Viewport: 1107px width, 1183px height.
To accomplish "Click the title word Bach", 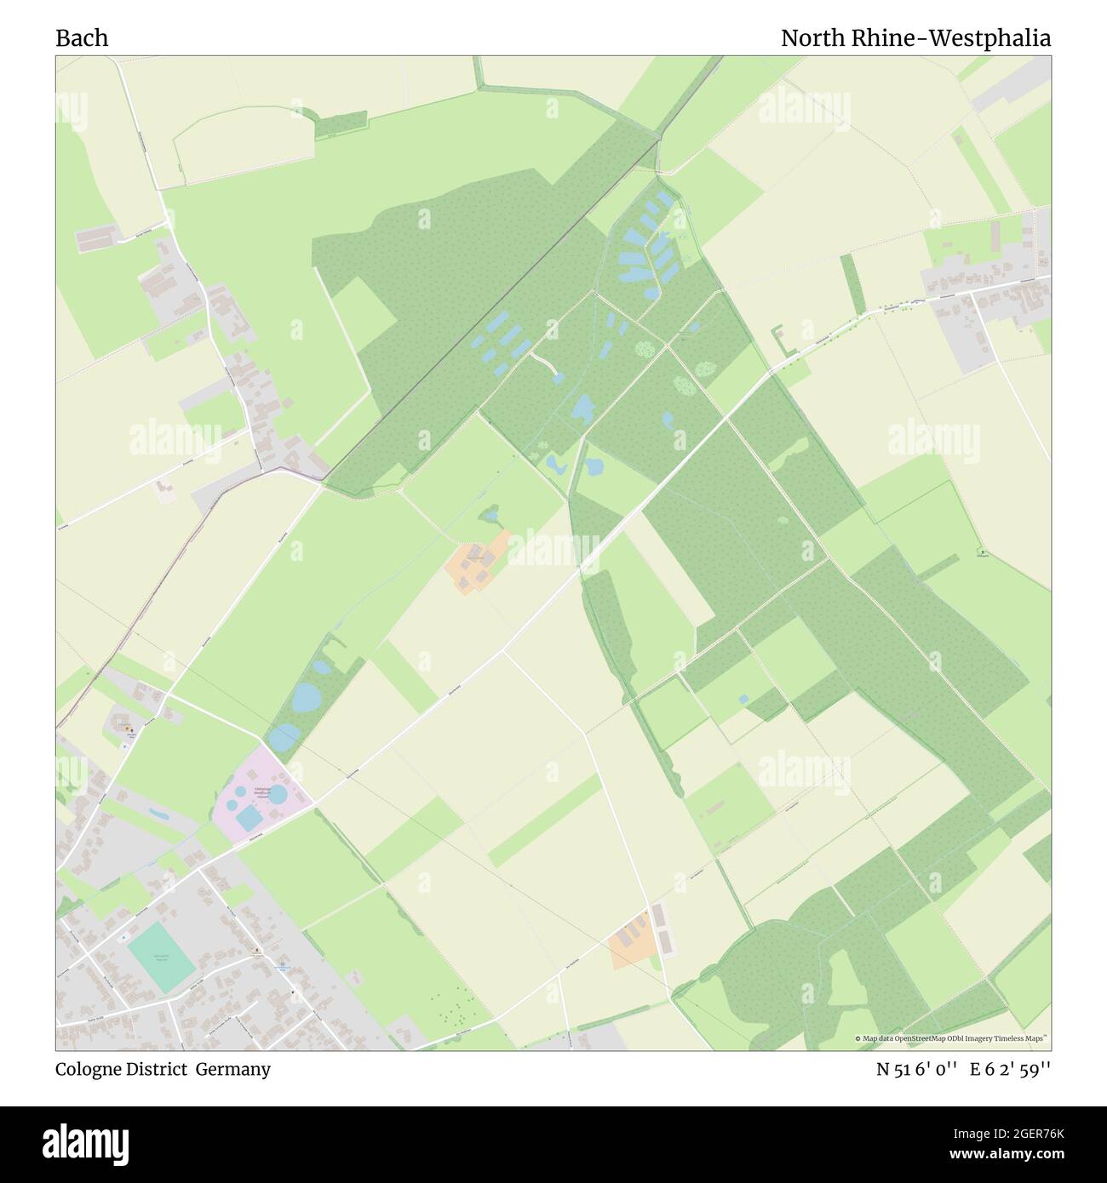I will tap(82, 38).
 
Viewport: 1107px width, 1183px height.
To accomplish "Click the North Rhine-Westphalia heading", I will tap(915, 38).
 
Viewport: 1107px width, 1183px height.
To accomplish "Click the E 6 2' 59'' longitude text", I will tap(1010, 1070).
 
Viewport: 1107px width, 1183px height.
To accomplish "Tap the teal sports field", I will tap(163, 957).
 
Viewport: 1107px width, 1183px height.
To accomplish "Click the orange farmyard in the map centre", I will tap(478, 562).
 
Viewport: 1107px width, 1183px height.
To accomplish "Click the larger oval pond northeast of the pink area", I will tap(307, 698).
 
